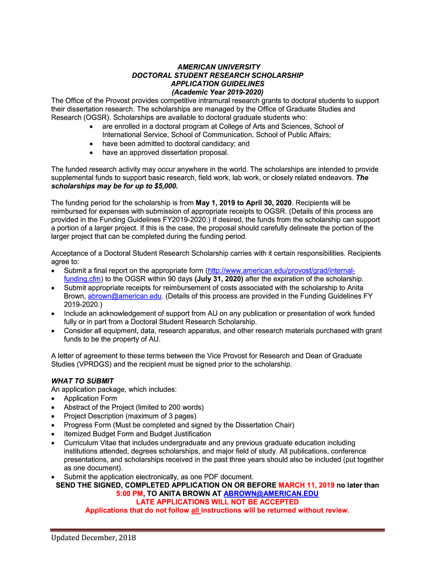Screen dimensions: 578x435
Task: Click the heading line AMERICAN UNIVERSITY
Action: pos(217,67)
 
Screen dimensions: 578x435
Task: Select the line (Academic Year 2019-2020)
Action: pos(217,92)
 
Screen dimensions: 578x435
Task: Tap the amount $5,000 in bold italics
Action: pos(164,186)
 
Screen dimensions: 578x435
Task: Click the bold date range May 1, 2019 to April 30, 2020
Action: pos(243,203)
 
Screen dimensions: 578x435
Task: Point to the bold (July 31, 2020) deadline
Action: pos(219,279)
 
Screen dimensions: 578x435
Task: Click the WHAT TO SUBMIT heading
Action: pos(82,381)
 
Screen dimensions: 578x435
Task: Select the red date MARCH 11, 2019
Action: pos(306,485)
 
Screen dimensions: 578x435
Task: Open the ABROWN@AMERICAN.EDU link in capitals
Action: pos(271,494)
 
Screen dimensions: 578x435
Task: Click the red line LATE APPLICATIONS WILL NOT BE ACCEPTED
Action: pos(217,502)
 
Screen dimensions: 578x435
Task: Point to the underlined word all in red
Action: pos(195,511)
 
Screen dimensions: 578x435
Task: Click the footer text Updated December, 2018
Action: pos(93,537)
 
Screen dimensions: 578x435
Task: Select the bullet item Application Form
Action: pos(90,398)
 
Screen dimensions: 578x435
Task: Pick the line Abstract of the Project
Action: pos(133,406)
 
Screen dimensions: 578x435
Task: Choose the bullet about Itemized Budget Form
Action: pos(137,433)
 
